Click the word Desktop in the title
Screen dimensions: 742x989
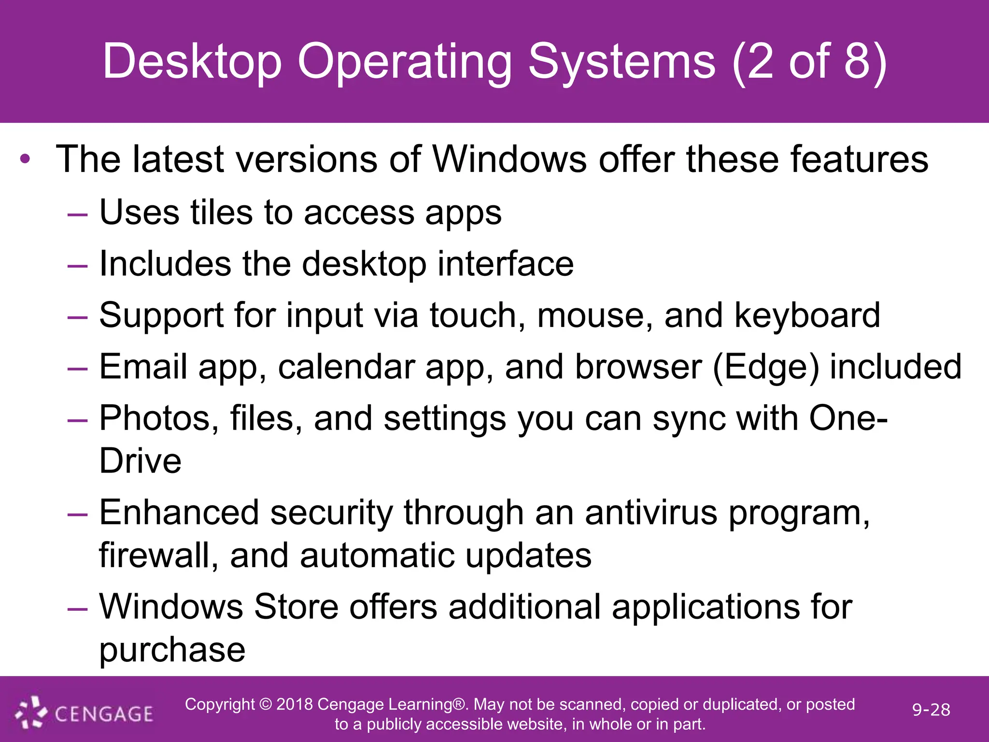[x=192, y=62]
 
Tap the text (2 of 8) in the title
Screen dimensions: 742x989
[x=809, y=62]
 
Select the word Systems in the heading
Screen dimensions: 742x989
[x=622, y=62]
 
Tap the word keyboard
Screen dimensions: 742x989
[x=807, y=315]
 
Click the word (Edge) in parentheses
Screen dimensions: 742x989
[x=765, y=367]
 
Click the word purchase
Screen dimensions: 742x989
[x=172, y=650]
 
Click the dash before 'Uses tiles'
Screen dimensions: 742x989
[x=77, y=214]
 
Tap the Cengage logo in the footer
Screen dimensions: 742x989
[x=85, y=713]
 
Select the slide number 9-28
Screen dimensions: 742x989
[x=931, y=710]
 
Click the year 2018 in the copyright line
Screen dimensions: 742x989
[x=295, y=704]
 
